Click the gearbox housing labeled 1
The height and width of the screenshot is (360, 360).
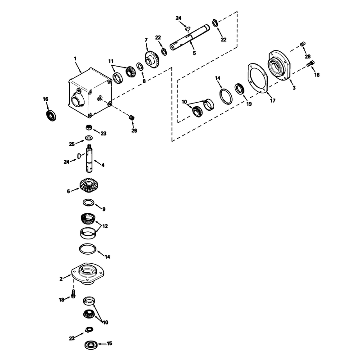pos(90,93)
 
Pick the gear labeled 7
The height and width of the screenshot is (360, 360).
pos(153,59)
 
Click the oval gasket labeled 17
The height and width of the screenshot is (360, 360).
pos(257,78)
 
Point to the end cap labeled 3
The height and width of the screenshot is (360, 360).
pos(279,65)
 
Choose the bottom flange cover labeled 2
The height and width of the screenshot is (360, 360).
pos(88,274)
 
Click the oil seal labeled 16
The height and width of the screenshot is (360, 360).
pos(51,116)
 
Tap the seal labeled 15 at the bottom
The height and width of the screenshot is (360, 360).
pos(91,345)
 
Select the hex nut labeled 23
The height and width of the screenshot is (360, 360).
pos(89,127)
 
